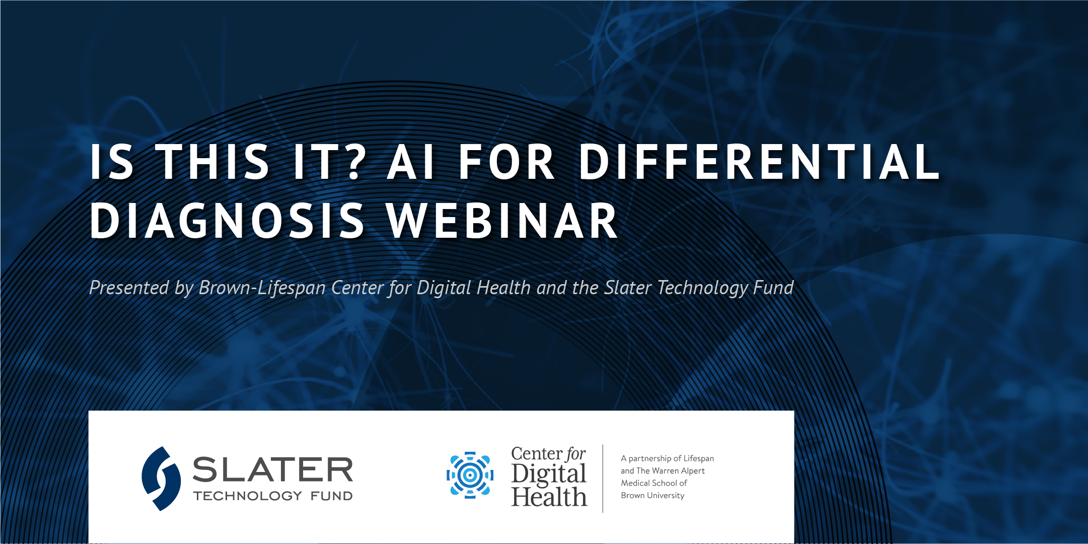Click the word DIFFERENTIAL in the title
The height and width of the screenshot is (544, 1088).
(759, 162)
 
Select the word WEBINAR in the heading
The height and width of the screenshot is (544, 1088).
(502, 221)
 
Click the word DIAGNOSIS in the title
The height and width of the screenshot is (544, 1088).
(227, 221)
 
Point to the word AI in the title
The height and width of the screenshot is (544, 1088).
(411, 162)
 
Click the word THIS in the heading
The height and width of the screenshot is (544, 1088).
(214, 162)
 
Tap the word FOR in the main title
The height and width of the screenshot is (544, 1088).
(507, 162)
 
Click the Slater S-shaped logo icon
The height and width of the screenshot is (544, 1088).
(161, 479)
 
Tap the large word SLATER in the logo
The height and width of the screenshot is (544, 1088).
(273, 469)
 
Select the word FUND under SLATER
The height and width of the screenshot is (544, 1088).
(332, 496)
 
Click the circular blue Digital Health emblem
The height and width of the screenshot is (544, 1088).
(470, 475)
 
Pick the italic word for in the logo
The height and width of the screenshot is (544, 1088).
(576, 454)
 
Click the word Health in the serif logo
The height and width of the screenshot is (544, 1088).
(549, 497)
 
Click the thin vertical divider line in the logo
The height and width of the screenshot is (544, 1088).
(603, 479)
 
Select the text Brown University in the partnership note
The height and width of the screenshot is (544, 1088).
(652, 496)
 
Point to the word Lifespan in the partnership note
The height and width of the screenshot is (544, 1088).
(699, 459)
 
